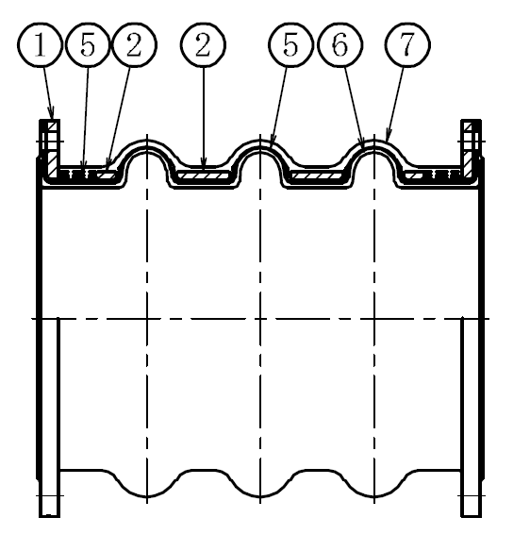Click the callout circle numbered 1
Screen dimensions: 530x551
[40, 45]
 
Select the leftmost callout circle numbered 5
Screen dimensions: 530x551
[88, 45]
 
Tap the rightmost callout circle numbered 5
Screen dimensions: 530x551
[290, 45]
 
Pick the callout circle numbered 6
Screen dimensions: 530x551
[340, 45]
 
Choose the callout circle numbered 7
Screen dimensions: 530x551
[407, 45]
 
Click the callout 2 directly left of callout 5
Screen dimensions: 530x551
[203, 45]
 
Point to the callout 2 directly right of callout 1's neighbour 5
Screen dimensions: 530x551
[134, 45]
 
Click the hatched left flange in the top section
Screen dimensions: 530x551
[52, 149]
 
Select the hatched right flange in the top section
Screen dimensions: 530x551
[468, 149]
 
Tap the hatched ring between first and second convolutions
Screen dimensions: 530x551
[204, 175]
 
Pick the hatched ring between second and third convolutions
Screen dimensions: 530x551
[317, 175]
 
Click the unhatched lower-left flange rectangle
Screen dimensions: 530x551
[49, 417]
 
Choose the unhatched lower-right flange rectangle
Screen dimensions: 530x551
[471, 417]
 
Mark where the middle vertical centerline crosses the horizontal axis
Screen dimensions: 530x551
[260, 319]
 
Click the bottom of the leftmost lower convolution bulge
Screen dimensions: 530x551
[147, 496]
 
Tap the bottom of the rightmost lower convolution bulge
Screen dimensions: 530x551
[374, 496]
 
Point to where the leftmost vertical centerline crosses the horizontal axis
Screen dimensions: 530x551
[147, 319]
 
